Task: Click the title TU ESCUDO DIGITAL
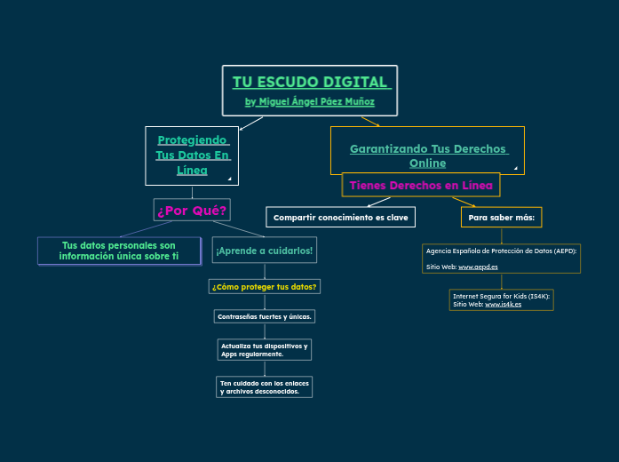[309, 83]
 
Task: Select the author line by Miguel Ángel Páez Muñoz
[309, 102]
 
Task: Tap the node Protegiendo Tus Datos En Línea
[192, 155]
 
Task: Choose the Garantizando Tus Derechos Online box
[427, 155]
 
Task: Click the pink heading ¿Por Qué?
[192, 211]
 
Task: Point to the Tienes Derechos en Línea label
[421, 185]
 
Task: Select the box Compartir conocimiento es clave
[340, 217]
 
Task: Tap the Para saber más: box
[503, 217]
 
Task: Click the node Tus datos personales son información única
[119, 251]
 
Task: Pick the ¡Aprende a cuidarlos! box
[264, 251]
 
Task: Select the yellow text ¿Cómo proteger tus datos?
[265, 286]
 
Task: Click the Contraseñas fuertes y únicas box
[265, 316]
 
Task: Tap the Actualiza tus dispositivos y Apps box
[265, 349]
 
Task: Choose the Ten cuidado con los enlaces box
[265, 386]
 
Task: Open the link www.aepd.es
[478, 267]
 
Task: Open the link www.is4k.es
[503, 304]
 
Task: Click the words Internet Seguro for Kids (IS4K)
[501, 295]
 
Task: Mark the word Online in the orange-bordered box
[427, 163]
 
